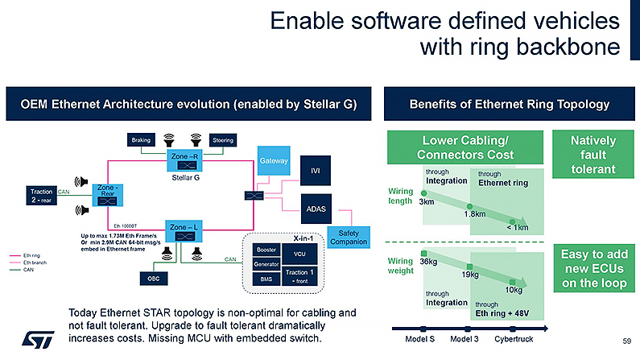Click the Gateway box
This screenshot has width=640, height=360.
click(x=274, y=160)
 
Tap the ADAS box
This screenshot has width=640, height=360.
click(x=316, y=208)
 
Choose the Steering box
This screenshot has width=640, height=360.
click(x=223, y=140)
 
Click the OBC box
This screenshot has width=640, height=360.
click(x=153, y=278)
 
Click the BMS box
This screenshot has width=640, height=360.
click(x=264, y=279)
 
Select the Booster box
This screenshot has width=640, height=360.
click(x=264, y=249)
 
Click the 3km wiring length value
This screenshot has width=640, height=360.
click(x=427, y=201)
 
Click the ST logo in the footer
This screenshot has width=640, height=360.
click(x=32, y=338)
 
